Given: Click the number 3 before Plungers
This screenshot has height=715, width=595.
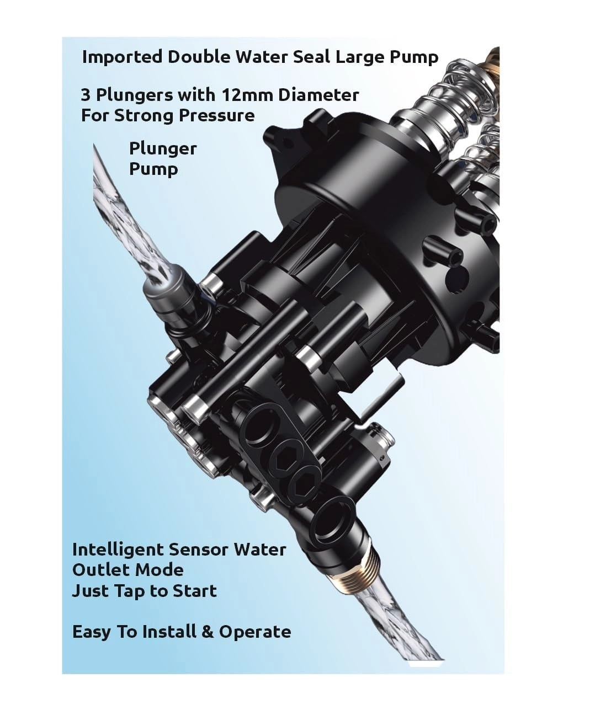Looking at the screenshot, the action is tap(86, 95).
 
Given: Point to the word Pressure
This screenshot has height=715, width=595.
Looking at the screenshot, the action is tap(217, 115).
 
